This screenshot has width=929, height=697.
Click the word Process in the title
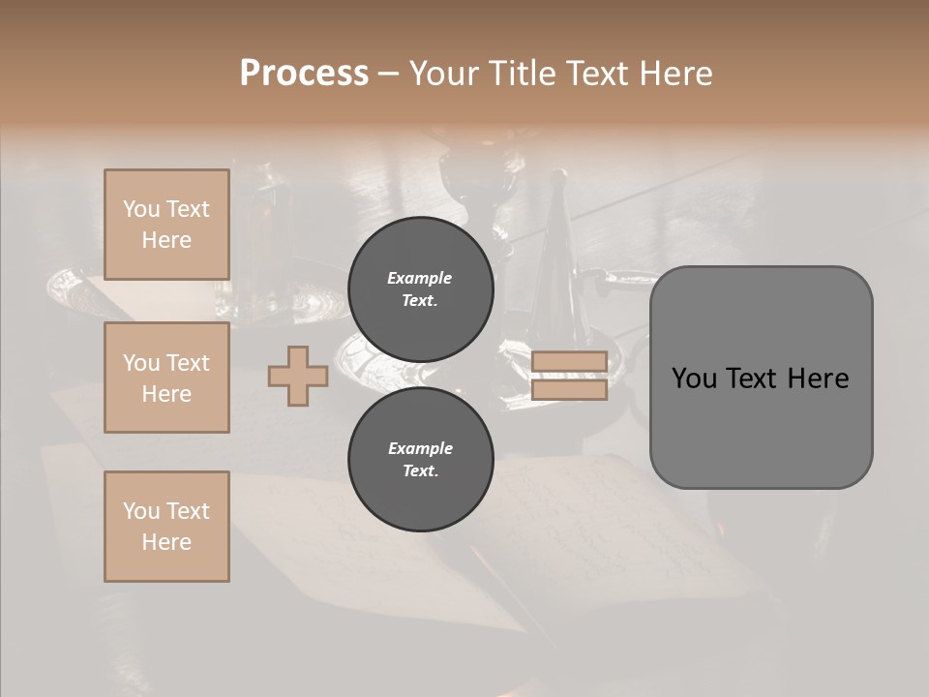tap(304, 74)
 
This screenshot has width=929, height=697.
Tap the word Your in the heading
tap(447, 74)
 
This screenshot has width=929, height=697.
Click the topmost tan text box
tap(166, 225)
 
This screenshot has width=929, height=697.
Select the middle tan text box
tap(166, 378)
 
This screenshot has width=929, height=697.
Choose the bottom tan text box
tap(166, 527)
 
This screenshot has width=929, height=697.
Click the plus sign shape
tap(298, 377)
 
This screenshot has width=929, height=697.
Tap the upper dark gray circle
tap(421, 288)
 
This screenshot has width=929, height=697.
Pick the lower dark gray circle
tap(421, 459)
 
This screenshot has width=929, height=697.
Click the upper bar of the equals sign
tap(570, 361)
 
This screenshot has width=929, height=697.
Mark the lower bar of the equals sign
tap(570, 390)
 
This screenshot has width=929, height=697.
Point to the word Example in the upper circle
tap(419, 278)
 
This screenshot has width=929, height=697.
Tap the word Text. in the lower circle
tap(420, 471)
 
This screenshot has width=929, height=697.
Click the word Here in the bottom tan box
tap(166, 542)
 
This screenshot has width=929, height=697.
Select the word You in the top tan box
tap(141, 209)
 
